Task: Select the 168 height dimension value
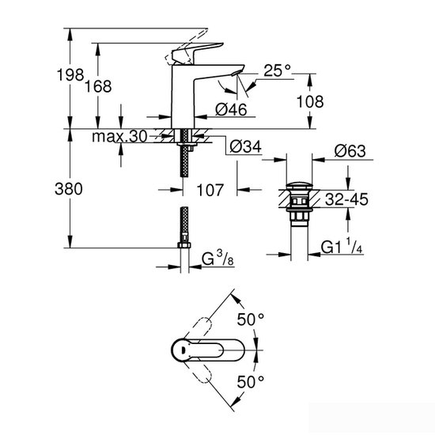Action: [x=115, y=85]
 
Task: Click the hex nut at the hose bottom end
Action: [x=184, y=248]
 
